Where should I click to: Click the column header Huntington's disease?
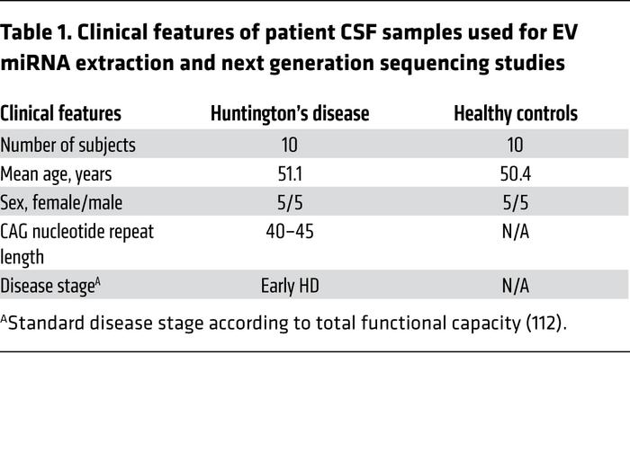click(289, 114)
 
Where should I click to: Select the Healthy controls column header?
click(516, 114)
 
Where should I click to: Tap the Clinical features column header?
click(61, 114)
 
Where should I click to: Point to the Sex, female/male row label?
click(61, 202)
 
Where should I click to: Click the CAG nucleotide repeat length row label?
click(76, 243)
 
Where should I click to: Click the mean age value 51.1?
click(289, 173)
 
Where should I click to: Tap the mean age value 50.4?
click(516, 173)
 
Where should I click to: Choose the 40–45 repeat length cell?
click(289, 231)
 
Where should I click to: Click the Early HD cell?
click(289, 286)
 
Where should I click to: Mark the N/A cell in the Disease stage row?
click(516, 286)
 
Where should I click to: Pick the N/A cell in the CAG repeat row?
click(516, 231)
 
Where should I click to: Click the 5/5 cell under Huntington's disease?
click(289, 202)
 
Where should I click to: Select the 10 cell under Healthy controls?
click(516, 145)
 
